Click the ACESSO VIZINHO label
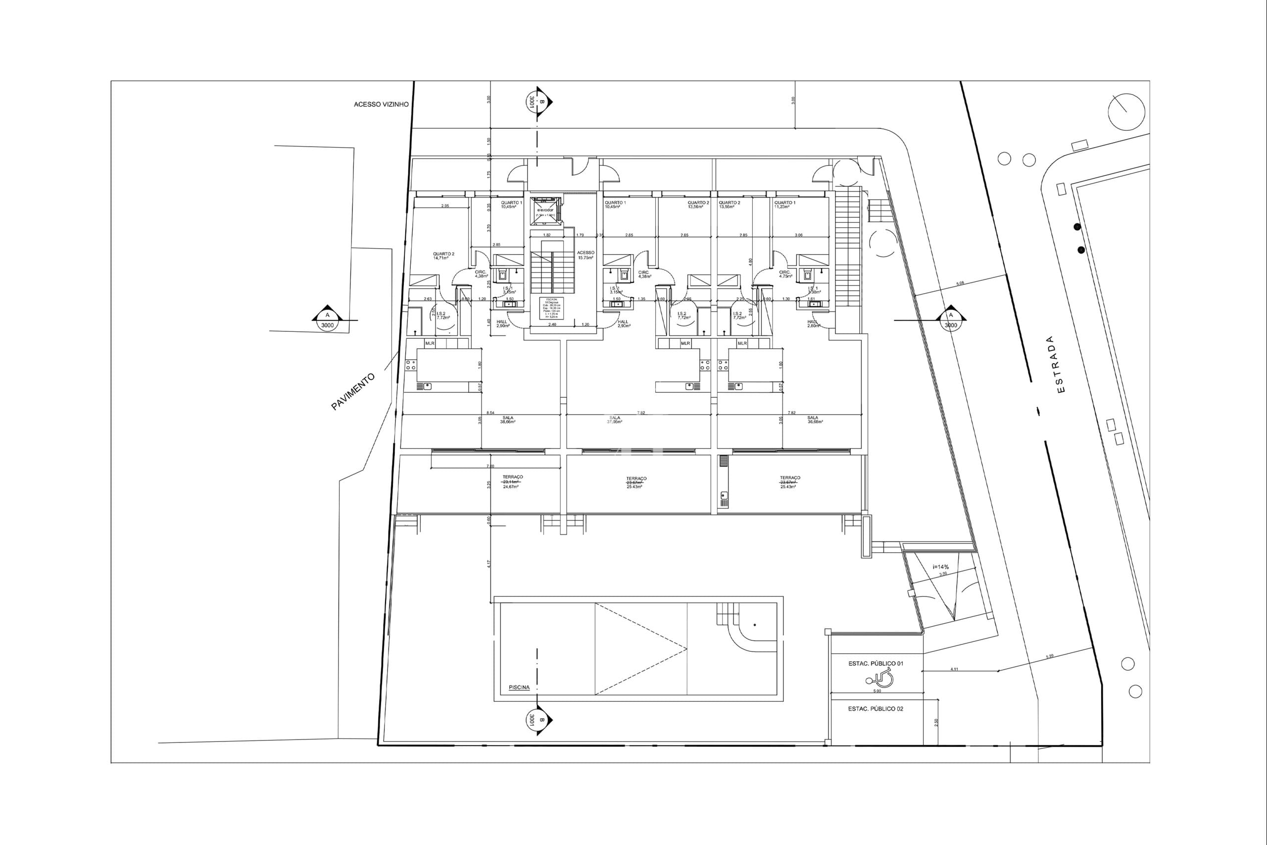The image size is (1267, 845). (381, 105)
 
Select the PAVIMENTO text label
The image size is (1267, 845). (353, 392)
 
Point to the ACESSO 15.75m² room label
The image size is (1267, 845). (585, 255)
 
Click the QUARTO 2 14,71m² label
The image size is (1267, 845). (443, 256)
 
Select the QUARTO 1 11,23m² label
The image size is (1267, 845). (784, 205)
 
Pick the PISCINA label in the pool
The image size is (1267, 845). (519, 687)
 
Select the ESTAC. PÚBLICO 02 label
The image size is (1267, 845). (876, 709)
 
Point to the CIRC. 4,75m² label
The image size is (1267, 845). (784, 274)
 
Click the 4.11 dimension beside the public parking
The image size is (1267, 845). (954, 669)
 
